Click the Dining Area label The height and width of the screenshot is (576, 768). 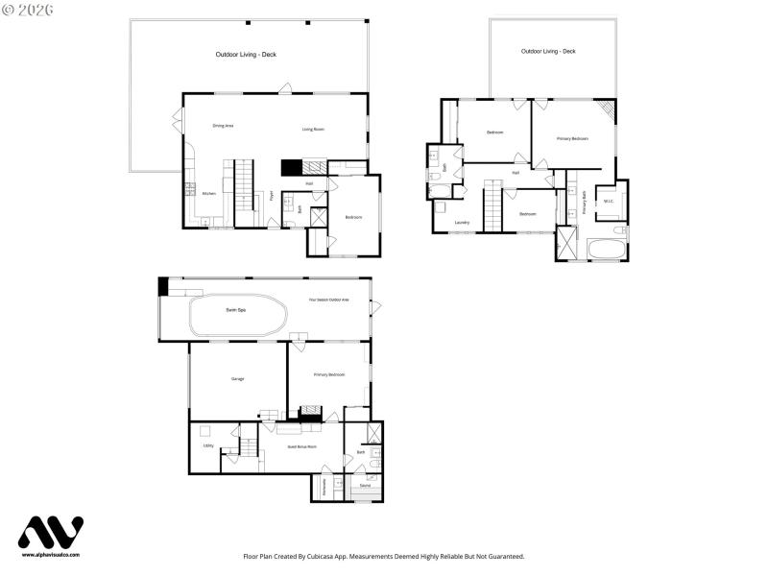point(223,126)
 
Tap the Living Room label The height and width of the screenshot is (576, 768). point(313,129)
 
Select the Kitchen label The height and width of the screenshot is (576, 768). point(208,193)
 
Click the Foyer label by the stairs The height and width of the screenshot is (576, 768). point(272,196)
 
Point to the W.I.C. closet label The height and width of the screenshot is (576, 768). point(608,201)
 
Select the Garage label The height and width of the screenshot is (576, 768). point(237,378)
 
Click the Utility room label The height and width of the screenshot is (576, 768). point(208,445)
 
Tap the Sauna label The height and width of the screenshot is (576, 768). point(365,486)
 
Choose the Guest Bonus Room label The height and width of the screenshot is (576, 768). point(301,446)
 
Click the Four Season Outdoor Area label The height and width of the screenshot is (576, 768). point(328,300)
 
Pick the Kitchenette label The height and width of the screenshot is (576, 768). point(325,487)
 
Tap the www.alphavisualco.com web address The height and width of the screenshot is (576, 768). point(51,555)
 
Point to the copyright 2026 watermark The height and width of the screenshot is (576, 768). point(28,9)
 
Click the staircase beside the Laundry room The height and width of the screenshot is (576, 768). point(492,205)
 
